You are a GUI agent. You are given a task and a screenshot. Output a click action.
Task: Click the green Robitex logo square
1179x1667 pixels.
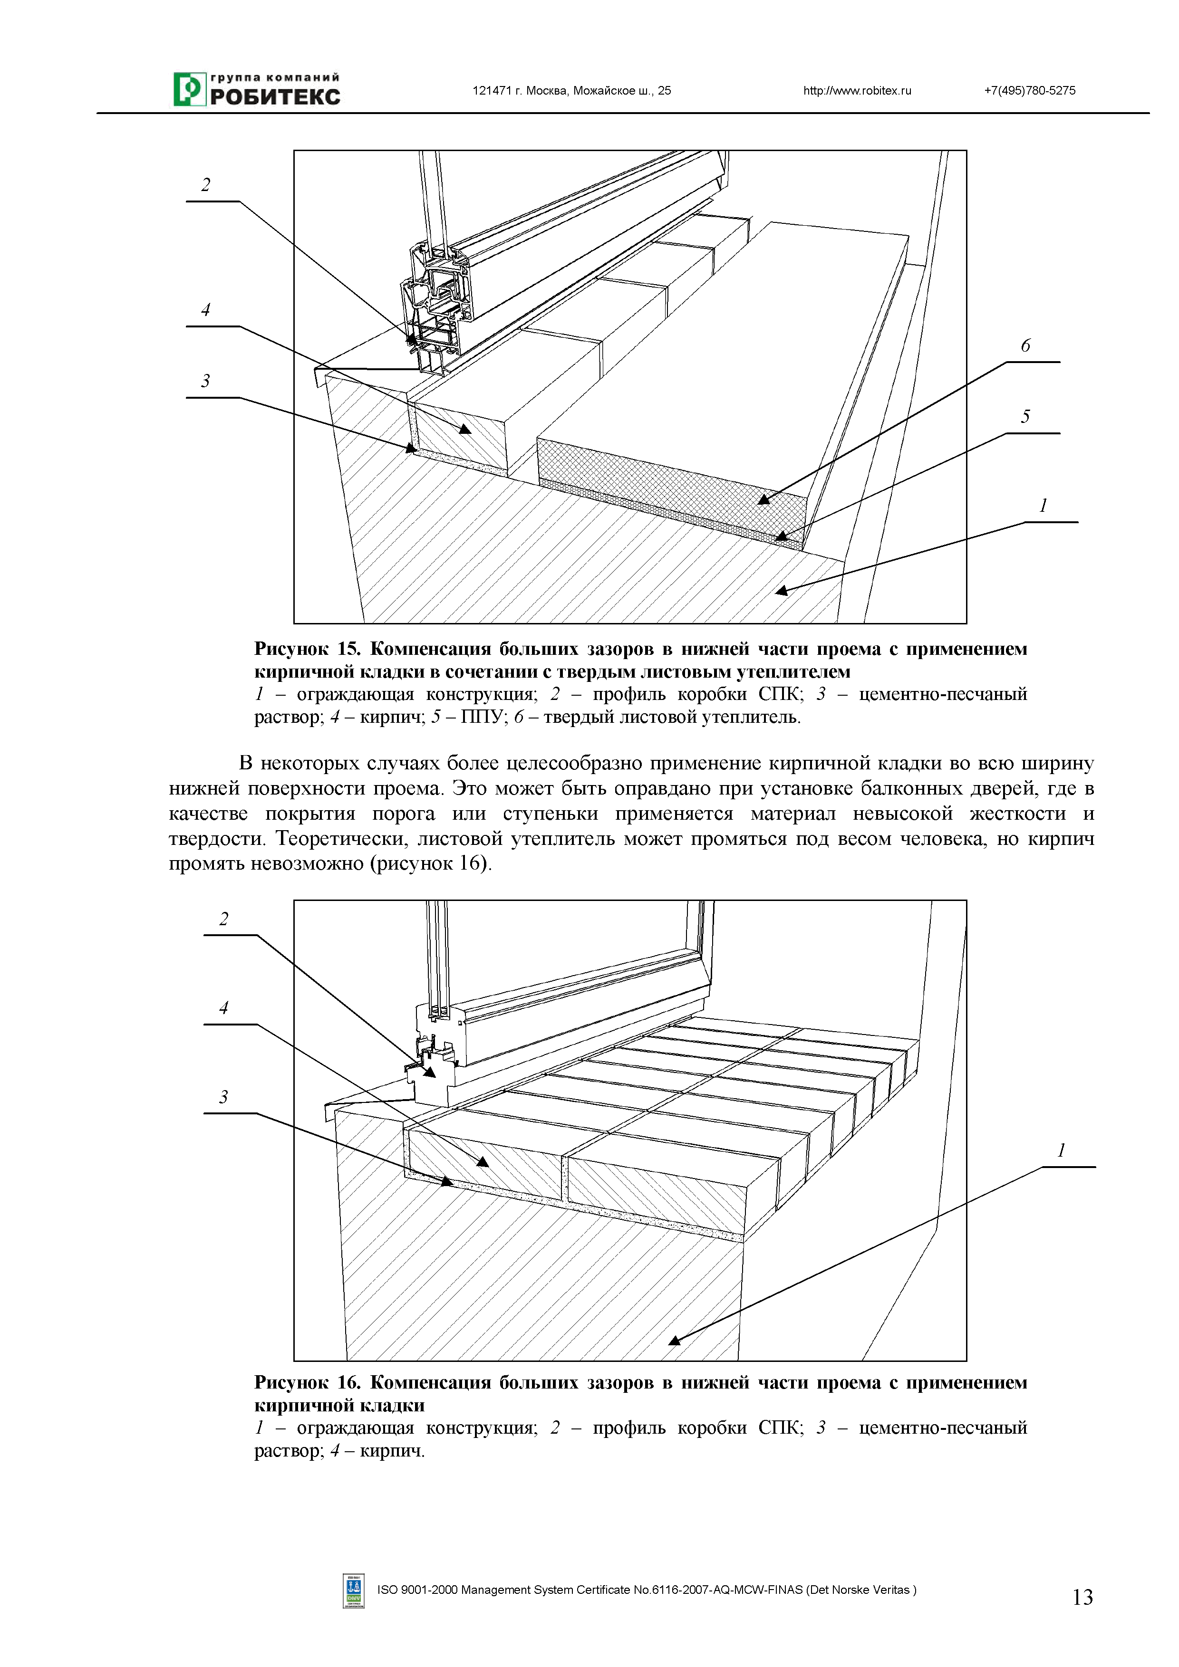click(189, 89)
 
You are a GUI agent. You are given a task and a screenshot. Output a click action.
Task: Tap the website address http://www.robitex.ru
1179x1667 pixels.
click(857, 91)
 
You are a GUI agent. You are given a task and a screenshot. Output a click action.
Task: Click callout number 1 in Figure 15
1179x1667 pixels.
click(1043, 505)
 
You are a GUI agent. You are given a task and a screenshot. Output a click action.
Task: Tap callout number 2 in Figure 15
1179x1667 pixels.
click(205, 185)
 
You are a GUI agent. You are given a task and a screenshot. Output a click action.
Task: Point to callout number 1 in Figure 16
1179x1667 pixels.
click(1061, 1150)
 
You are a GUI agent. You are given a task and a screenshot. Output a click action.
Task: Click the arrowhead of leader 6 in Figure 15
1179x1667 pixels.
click(762, 499)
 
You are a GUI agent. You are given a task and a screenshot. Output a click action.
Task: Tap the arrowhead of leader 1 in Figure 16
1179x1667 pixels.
click(673, 1340)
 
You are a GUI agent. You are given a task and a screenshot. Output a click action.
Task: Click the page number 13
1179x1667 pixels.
click(1082, 1597)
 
